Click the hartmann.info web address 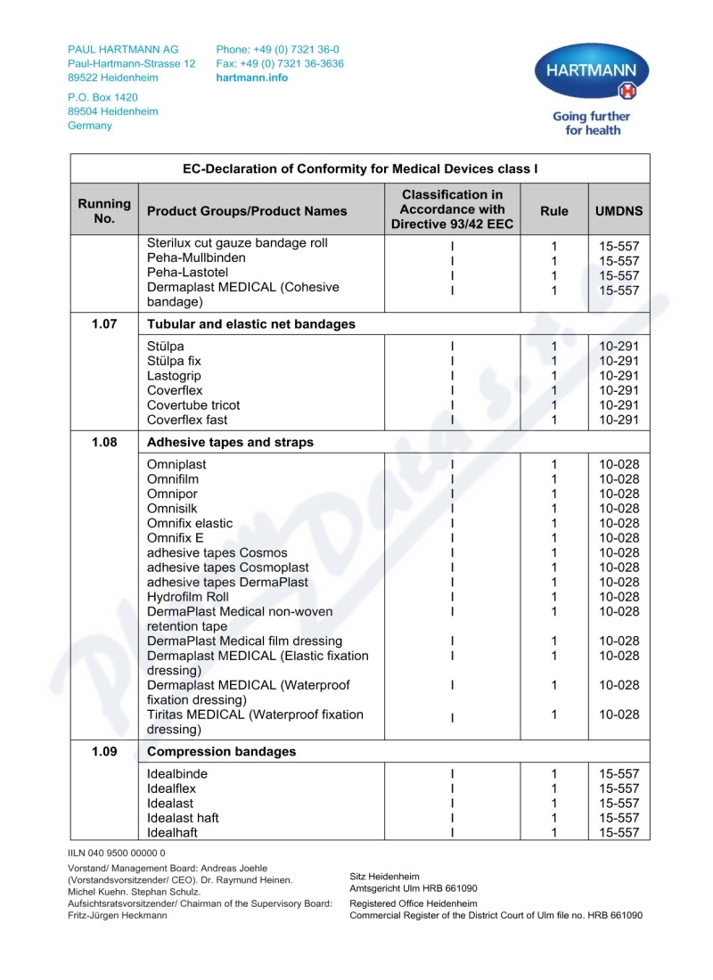click(x=252, y=78)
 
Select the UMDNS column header click(x=619, y=211)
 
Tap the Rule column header click(x=553, y=211)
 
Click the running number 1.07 click(x=104, y=324)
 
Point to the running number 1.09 click(x=104, y=752)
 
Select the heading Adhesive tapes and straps click(x=230, y=443)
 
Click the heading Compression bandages click(x=221, y=752)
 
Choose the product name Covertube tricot click(x=193, y=405)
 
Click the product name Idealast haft click(x=183, y=818)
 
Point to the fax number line click(x=279, y=64)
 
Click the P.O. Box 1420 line click(x=102, y=97)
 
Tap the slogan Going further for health click(x=591, y=123)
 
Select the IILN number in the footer click(x=117, y=853)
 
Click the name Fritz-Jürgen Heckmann click(x=118, y=915)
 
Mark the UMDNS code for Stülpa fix click(x=619, y=361)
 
